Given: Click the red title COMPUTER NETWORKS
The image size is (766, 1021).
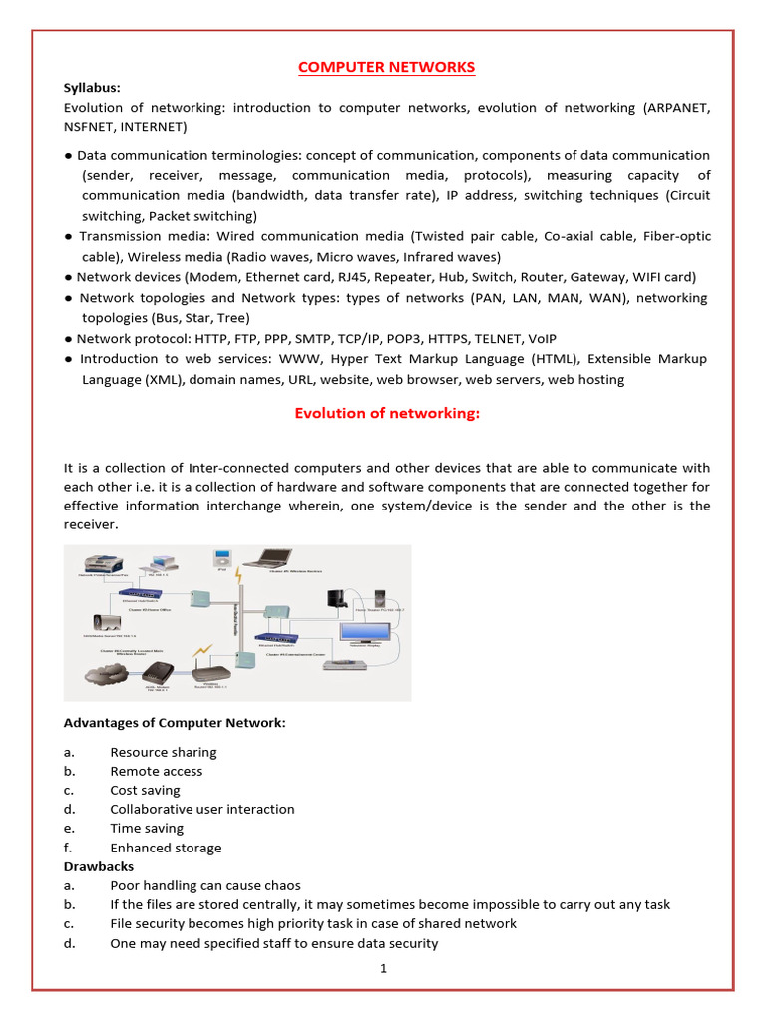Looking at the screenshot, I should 388,67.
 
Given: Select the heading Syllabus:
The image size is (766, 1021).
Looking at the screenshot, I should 92,88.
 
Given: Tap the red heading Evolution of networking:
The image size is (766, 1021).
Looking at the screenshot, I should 387,414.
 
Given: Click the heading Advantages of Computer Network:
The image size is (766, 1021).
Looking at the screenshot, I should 175,723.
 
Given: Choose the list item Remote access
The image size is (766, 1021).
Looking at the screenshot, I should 156,771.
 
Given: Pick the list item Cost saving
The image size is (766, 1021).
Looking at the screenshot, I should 145,790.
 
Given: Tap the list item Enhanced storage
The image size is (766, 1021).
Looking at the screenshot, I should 166,848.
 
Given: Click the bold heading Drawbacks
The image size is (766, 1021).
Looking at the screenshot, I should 98,866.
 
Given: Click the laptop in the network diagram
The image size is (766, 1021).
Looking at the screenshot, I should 271,559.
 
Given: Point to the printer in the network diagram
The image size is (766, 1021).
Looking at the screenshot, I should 96,562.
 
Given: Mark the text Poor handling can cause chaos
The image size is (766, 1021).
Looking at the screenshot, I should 204,885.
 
